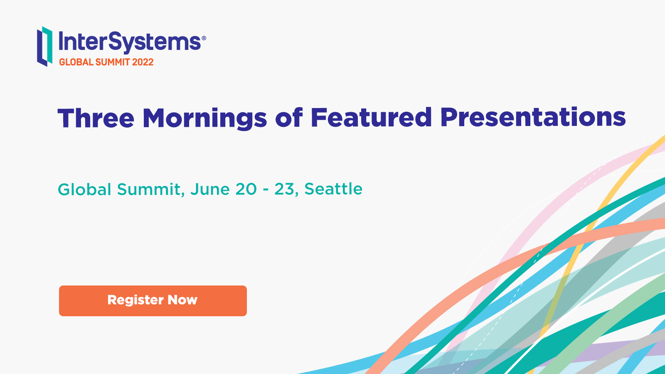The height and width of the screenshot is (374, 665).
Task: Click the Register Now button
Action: point(153,301)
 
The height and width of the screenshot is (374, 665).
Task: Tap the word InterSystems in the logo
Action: point(130,42)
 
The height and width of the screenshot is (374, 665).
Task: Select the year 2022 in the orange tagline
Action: point(143,62)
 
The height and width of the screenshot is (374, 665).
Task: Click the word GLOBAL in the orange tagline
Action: point(76,62)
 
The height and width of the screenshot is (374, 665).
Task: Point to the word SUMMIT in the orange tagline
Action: point(113,62)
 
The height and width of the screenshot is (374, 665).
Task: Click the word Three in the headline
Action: point(96,118)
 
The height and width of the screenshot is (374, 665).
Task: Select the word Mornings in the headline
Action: point(205,119)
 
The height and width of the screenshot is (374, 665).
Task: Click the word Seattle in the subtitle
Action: point(333,189)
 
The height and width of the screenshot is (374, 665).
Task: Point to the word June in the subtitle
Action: point(210,189)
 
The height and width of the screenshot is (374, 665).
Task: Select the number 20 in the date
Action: point(246,189)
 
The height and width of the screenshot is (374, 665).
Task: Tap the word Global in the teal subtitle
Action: point(85,189)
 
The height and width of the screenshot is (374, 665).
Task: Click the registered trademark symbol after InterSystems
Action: point(204,38)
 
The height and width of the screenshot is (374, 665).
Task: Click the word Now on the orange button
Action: point(182,300)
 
